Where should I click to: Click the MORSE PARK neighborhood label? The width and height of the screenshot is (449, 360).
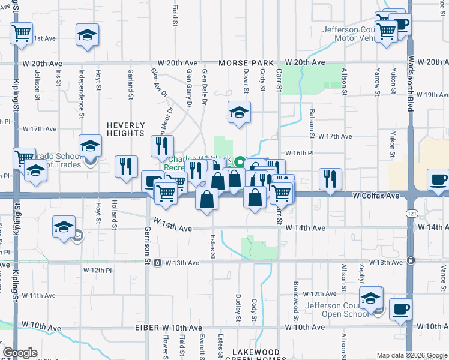[x=246, y=63]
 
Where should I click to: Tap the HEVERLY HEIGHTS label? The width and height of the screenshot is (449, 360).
[x=126, y=129]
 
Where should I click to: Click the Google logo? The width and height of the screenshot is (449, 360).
[x=20, y=353]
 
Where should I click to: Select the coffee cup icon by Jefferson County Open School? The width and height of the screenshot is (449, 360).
[x=400, y=310]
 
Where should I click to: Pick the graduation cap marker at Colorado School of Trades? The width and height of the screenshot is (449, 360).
[x=90, y=146]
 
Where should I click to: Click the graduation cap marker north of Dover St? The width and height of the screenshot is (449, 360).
[x=239, y=112]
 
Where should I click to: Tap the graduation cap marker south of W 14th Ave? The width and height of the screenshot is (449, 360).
[x=64, y=227]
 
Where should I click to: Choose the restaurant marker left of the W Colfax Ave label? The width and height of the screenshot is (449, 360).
[x=330, y=178]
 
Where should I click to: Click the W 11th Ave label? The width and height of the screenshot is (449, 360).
[x=38, y=295]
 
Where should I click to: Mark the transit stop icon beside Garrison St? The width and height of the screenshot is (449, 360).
[x=157, y=262]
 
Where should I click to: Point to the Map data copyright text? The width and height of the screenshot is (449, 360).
[x=411, y=355]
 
